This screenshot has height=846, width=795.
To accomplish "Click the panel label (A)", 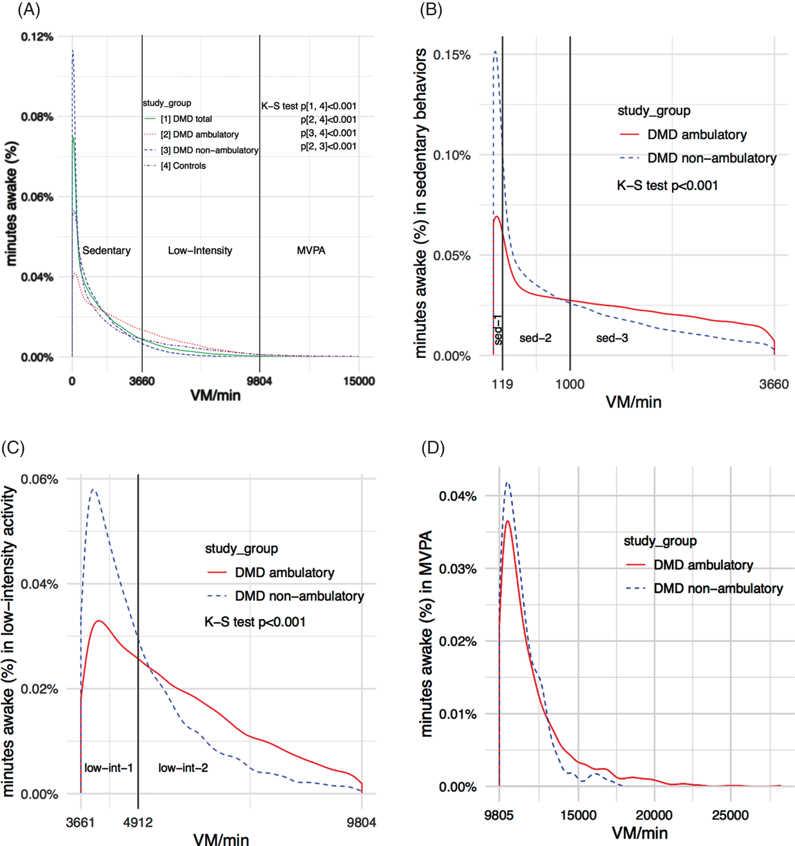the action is pos(29,9).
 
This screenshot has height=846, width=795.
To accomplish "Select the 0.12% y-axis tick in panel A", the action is pos(37,37).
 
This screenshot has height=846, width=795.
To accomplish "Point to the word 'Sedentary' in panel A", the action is pos(106,250).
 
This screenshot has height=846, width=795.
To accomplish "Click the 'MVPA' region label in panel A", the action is pos(311,250).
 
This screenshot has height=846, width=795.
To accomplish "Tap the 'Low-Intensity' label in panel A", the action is pos(200,250).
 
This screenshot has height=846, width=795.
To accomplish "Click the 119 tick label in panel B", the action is pos(502,384).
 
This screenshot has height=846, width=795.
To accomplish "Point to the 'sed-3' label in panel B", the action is pos(612,338).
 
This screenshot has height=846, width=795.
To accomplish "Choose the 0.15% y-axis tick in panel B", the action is pos(452,55).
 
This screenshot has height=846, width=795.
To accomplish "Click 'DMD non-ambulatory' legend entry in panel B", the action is pos(712,158).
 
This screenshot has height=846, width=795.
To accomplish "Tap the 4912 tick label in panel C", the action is pos(138,822).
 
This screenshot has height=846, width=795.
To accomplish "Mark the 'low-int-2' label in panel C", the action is pos(183,768).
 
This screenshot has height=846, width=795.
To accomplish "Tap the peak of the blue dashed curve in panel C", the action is pos(93,490).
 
